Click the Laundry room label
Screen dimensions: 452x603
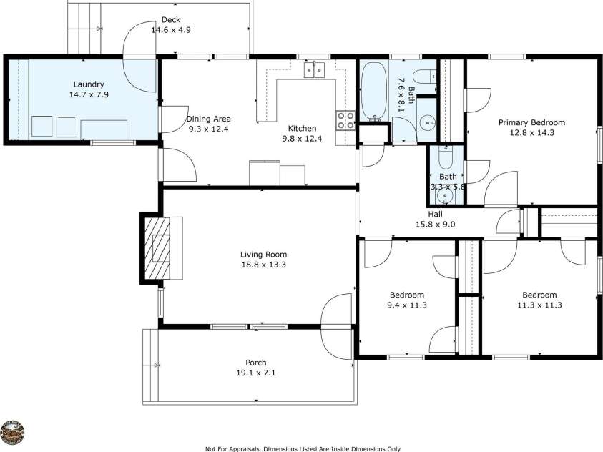pyautogui.click(x=88, y=84)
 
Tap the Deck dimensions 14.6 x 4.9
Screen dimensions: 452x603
pyautogui.click(x=170, y=30)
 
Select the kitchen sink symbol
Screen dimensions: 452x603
pyautogui.click(x=313, y=69)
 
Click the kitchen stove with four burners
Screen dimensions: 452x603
pyautogui.click(x=345, y=119)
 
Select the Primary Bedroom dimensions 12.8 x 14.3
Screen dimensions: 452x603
pyautogui.click(x=531, y=132)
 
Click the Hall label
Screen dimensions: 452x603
pyautogui.click(x=436, y=214)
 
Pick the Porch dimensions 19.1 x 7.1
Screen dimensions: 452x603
pyautogui.click(x=255, y=373)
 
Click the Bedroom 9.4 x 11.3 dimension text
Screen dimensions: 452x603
pyautogui.click(x=407, y=305)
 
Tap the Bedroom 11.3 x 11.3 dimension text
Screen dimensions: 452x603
pyautogui.click(x=539, y=305)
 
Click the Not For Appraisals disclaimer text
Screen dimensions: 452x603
pyautogui.click(x=303, y=448)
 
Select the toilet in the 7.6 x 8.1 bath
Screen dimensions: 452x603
pyautogui.click(x=424, y=76)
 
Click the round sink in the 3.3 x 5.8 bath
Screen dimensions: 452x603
pyautogui.click(x=447, y=194)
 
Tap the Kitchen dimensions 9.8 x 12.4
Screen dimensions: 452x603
pyautogui.click(x=302, y=139)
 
